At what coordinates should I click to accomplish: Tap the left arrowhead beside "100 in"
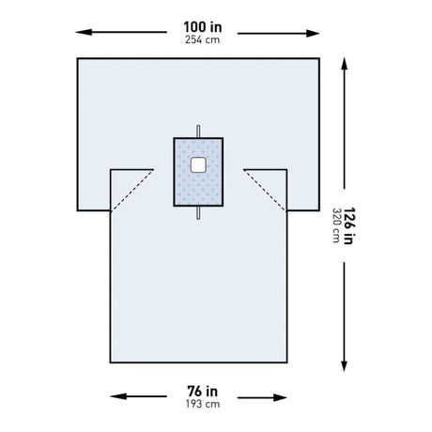coord(79,33)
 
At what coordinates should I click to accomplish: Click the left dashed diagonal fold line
coord(132,190)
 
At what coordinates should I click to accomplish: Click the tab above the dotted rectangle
coord(198,130)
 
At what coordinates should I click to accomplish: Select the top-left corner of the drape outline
coord(76,58)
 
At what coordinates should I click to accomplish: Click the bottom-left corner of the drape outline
coord(112,362)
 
